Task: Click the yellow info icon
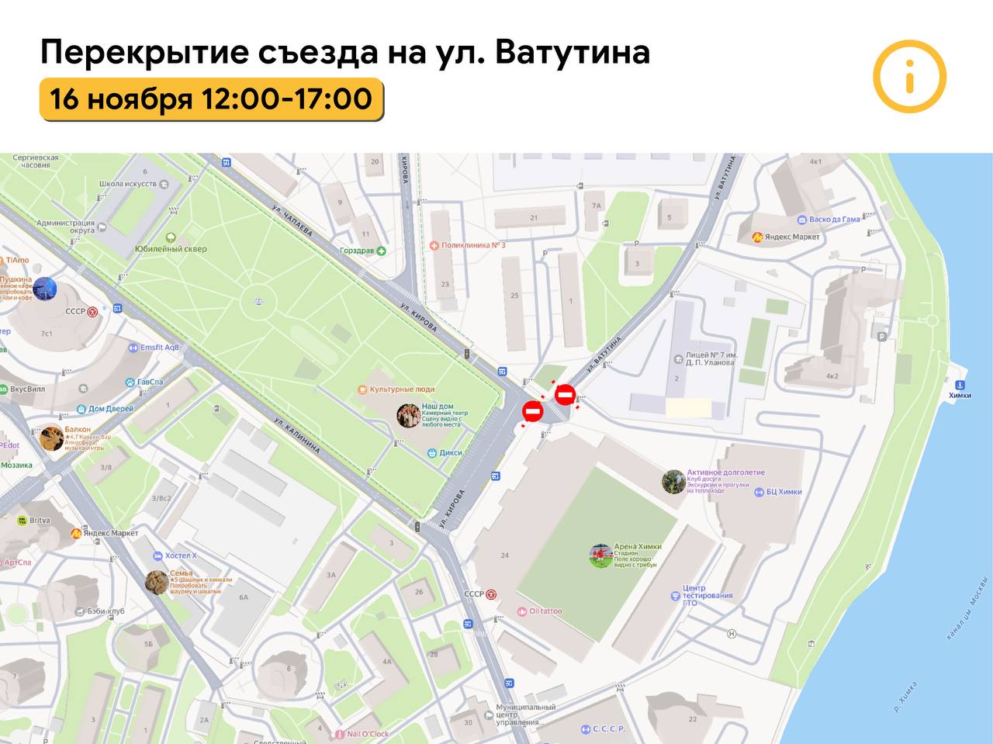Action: tap(909, 77)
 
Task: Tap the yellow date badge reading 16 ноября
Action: tap(211, 99)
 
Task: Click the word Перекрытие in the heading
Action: tap(144, 52)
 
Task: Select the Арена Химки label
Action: tap(637, 547)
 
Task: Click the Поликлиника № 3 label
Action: tap(473, 245)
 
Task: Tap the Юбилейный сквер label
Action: tap(171, 249)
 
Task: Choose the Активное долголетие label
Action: tap(725, 472)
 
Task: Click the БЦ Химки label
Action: tap(784, 492)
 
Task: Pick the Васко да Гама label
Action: tap(834, 220)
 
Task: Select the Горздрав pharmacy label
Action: tap(357, 251)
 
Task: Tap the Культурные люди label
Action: tap(402, 389)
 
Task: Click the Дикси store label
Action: tap(450, 453)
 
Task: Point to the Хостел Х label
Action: tap(181, 555)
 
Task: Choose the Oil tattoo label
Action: tap(545, 611)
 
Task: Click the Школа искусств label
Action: tap(127, 185)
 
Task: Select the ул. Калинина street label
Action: tap(297, 436)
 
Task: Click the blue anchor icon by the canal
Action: tap(960, 385)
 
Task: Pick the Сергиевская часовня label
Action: tap(36, 161)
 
